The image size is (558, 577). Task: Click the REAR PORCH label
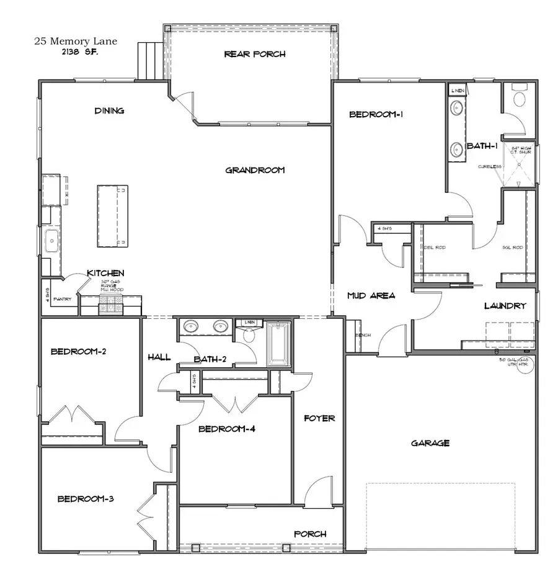click(x=254, y=54)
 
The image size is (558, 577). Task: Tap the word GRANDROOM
click(x=255, y=170)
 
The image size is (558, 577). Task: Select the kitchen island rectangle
click(x=112, y=215)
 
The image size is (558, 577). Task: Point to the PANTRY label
click(x=63, y=299)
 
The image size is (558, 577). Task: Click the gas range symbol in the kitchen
click(x=112, y=303)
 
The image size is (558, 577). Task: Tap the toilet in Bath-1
click(x=518, y=99)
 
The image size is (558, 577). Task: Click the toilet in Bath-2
click(x=249, y=336)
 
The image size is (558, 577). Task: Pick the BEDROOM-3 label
click(x=86, y=498)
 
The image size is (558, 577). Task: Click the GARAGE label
click(x=430, y=443)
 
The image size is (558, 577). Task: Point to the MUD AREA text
click(x=371, y=296)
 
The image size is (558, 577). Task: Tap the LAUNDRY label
click(x=505, y=306)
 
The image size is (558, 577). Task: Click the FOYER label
click(x=319, y=418)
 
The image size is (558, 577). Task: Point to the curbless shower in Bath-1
click(x=520, y=166)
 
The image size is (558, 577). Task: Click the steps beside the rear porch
click(x=149, y=60)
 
